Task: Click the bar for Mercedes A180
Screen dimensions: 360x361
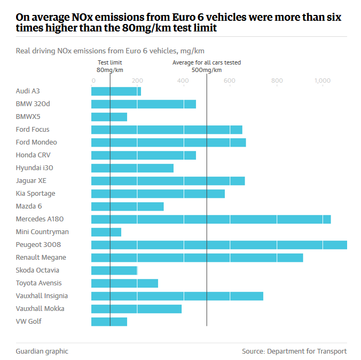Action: (211, 219)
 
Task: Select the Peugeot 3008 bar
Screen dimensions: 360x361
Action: (219, 245)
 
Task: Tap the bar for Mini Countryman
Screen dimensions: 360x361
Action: (106, 232)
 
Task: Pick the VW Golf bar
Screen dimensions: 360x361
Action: (109, 322)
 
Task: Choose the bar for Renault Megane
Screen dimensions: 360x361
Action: (197, 258)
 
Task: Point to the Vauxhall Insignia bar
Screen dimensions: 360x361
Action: (177, 296)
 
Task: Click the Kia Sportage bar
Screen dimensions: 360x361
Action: (158, 194)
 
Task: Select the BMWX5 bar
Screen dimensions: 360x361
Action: (109, 117)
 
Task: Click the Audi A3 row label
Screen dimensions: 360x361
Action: (28, 91)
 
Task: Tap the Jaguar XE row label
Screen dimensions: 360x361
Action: (31, 181)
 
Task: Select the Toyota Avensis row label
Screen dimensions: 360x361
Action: (38, 283)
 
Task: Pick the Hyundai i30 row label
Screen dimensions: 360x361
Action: (34, 168)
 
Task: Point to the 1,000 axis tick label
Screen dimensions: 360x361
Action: (323, 81)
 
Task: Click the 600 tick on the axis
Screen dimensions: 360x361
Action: (230, 81)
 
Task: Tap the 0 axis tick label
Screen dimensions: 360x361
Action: (93, 81)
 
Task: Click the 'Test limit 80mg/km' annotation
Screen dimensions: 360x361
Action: (110, 66)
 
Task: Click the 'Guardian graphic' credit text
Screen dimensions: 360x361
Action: (42, 351)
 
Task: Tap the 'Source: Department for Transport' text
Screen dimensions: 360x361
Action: (294, 351)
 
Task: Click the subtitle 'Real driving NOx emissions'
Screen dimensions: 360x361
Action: (110, 51)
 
